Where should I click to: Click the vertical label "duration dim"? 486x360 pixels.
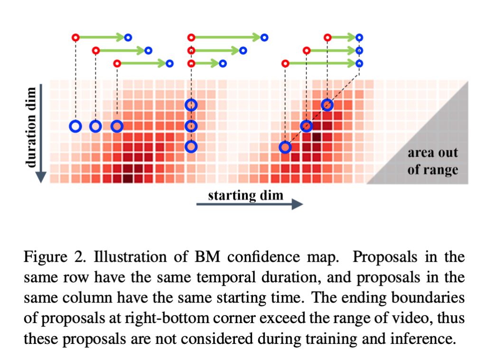[32, 127]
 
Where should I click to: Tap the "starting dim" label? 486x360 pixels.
[245, 195]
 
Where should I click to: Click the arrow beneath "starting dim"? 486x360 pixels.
[249, 204]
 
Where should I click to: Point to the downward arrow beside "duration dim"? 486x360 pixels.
[41, 133]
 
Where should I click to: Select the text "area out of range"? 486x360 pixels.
[432, 161]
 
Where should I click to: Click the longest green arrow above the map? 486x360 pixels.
[226, 37]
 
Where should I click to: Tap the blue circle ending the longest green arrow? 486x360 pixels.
[265, 37]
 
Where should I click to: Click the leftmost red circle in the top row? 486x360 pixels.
[75, 37]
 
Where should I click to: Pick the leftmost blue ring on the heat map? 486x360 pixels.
[75, 126]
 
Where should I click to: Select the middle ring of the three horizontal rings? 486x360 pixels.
[96, 126]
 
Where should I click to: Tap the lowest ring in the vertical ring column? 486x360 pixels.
[191, 147]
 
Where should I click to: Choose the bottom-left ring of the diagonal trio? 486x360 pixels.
[285, 147]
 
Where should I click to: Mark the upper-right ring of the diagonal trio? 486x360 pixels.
[327, 105]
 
